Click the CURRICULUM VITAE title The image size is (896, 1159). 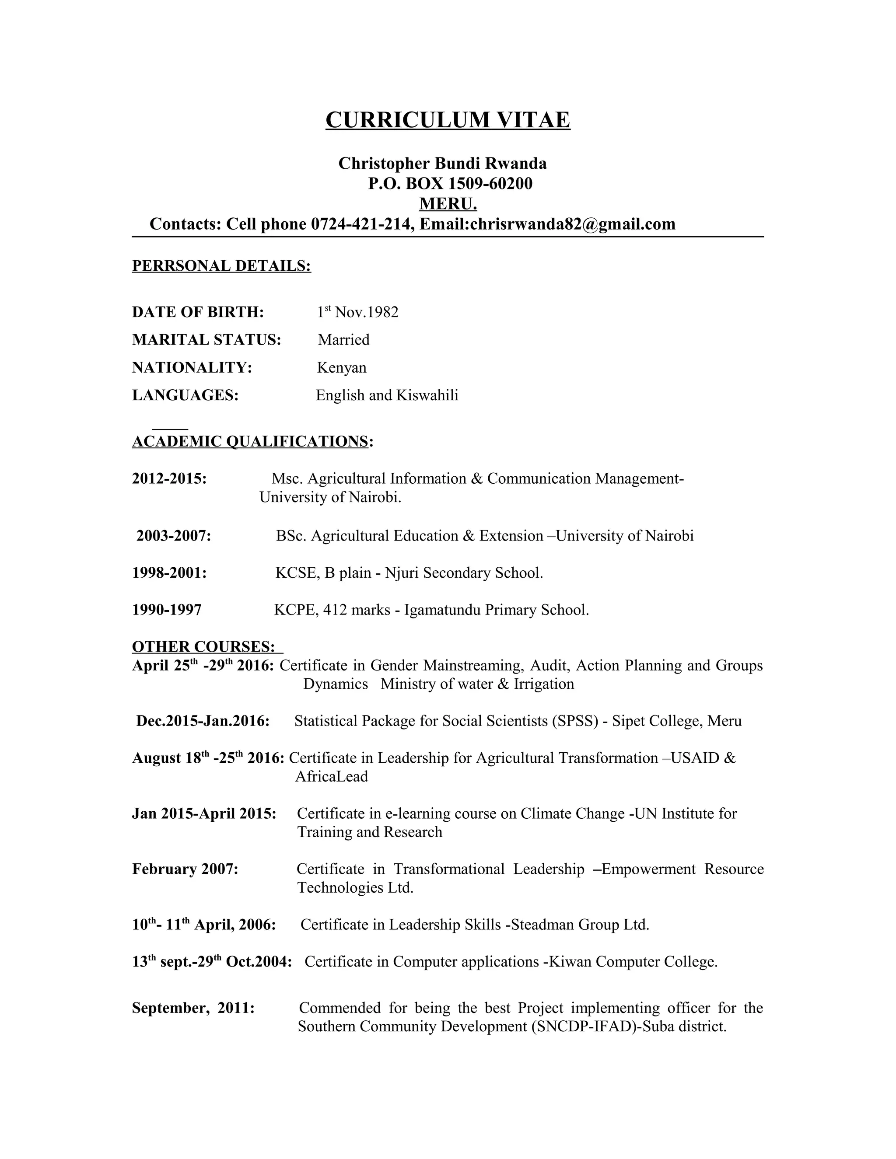point(448,120)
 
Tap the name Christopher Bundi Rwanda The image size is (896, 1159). point(442,164)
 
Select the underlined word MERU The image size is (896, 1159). point(448,204)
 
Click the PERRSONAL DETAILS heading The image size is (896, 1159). point(221,266)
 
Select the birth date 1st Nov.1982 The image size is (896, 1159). point(357,312)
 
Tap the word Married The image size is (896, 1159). point(343,340)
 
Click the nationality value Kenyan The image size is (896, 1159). point(341,368)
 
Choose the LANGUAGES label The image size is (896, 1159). point(185,395)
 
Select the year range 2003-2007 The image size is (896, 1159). point(174,536)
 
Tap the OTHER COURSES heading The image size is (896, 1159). point(203,647)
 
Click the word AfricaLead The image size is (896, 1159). point(331,777)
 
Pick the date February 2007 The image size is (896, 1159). point(185,869)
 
